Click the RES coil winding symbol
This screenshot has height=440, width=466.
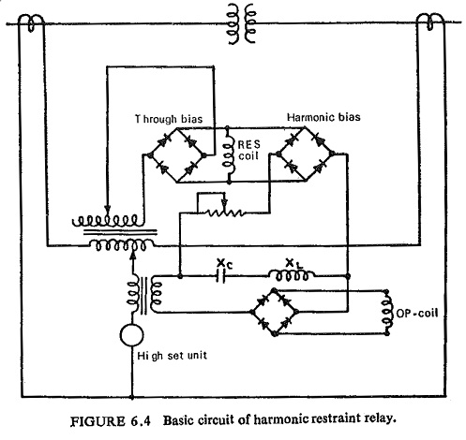click(x=230, y=154)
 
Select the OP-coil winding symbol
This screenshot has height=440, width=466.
click(x=388, y=313)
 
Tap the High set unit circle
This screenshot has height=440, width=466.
click(x=132, y=335)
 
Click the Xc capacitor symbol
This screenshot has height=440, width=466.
click(x=220, y=276)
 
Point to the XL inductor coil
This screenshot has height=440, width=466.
click(x=292, y=276)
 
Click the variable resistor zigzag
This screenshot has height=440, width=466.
click(x=224, y=213)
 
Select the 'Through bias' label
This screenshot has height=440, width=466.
click(x=169, y=119)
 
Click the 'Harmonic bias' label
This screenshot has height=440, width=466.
click(x=323, y=117)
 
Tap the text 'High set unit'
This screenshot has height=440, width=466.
click(x=172, y=356)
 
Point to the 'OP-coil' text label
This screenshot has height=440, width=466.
click(x=417, y=313)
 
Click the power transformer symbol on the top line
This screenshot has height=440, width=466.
click(x=242, y=23)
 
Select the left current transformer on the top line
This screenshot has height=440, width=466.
click(x=31, y=22)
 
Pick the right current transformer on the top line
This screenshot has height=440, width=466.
click(x=430, y=22)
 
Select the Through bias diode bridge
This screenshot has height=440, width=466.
click(x=177, y=154)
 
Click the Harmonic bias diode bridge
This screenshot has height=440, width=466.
click(x=305, y=154)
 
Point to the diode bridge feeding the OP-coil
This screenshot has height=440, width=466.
click(x=275, y=312)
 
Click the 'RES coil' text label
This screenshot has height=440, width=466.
click(x=248, y=150)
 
